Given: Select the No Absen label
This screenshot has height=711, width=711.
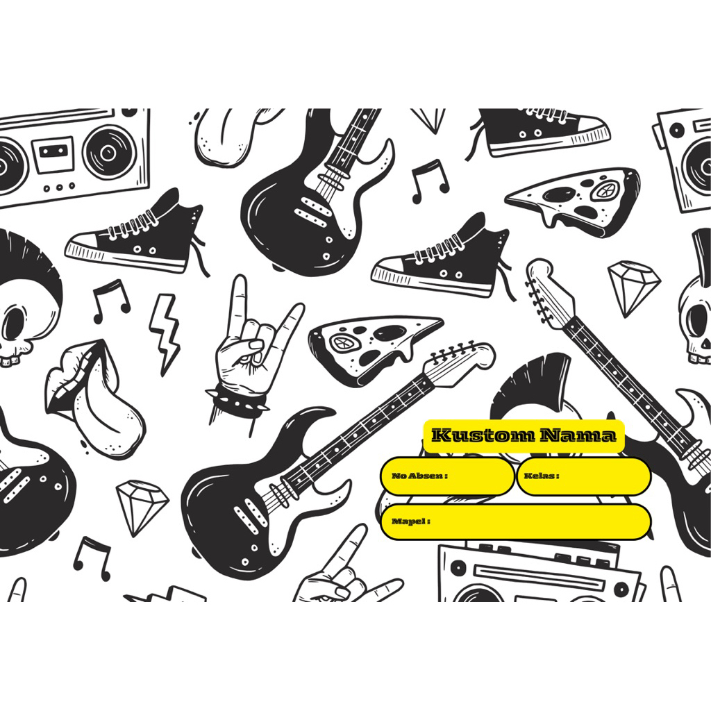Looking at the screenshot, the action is click(x=419, y=476).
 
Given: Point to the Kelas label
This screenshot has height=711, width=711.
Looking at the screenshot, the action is click(x=542, y=476).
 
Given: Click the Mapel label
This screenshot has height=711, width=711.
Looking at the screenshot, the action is click(x=410, y=521).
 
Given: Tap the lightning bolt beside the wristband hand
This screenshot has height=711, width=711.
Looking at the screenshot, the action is click(x=165, y=333).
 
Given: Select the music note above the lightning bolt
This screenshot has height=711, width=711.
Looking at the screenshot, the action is click(x=111, y=299).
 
